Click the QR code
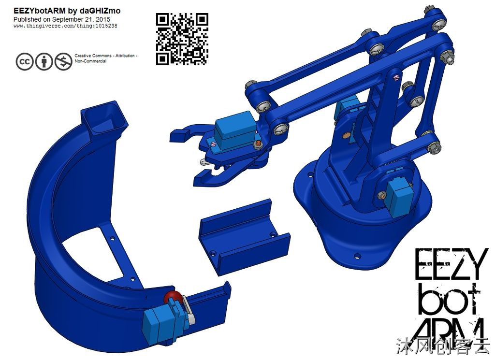[x=182, y=39]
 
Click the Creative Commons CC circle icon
[x=24, y=61]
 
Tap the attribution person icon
[x=44, y=61]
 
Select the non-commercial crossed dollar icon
[x=63, y=61]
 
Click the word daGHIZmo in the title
[x=100, y=11]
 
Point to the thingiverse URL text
[x=65, y=26]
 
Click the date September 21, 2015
[x=81, y=19]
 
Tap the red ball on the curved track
[x=173, y=297]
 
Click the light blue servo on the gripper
[x=235, y=130]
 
